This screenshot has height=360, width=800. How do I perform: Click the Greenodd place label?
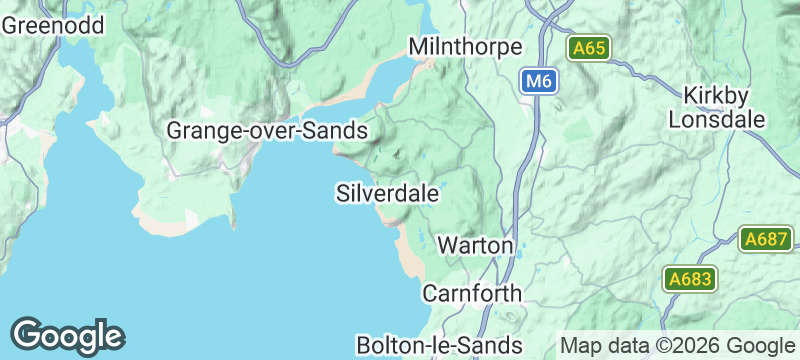53,26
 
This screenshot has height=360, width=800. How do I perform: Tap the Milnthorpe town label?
466,48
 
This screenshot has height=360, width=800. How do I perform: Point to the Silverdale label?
388,193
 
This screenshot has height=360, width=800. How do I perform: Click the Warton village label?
476,245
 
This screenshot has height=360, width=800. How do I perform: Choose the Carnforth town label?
472,294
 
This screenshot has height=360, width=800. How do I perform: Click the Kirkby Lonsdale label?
725,108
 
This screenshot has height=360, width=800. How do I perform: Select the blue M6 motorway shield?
538,81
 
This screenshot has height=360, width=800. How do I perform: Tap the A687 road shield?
766,240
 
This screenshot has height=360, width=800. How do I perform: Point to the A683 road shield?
690,279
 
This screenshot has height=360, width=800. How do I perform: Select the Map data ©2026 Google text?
676,344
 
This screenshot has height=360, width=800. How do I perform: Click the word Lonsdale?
725,120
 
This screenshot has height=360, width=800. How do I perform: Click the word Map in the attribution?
580,344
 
